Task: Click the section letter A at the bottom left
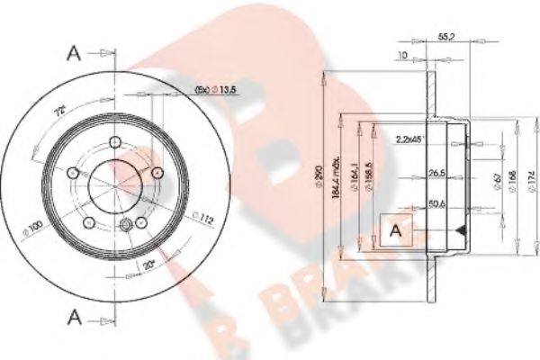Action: tap(75, 316)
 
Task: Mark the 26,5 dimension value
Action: tap(438, 173)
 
